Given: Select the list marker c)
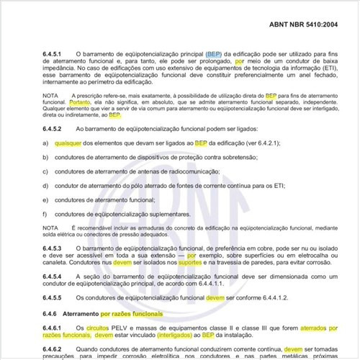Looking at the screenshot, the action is click(x=45, y=171).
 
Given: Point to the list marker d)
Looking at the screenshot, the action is click(x=45, y=186).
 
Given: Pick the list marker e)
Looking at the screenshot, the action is click(x=45, y=200).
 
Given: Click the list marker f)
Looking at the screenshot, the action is click(x=45, y=214).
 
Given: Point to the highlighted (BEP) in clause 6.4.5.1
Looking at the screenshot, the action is click(x=214, y=54).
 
